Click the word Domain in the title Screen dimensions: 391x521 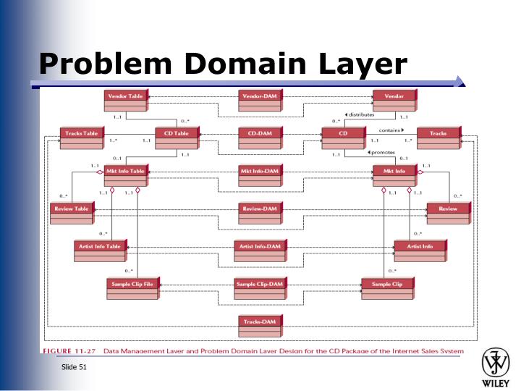pyautogui.click(x=244, y=64)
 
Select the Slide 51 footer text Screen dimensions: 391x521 pyautogui.click(x=74, y=368)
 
